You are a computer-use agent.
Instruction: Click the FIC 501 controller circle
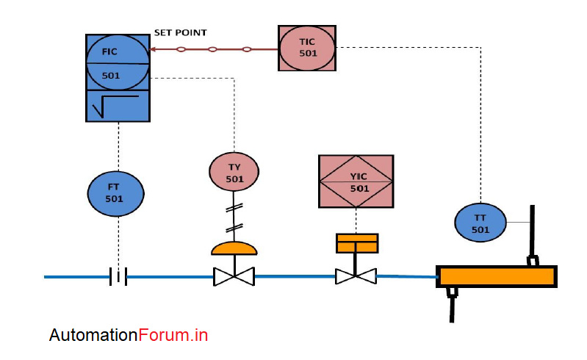pyautogui.click(x=118, y=64)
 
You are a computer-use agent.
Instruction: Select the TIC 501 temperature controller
pyautogui.click(x=307, y=48)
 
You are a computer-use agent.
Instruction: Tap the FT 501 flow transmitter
pyautogui.click(x=115, y=193)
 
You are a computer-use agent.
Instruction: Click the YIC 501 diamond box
pyautogui.click(x=356, y=181)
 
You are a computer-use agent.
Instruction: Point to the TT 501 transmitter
pyautogui.click(x=480, y=223)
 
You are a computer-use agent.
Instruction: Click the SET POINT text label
pyautogui.click(x=180, y=33)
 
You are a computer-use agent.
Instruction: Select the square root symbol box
pyautogui.click(x=118, y=106)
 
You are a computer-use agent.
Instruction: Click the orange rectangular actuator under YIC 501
pyautogui.click(x=356, y=242)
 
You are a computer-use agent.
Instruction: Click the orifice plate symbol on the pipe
pyautogui.click(x=118, y=277)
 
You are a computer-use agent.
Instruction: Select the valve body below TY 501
pyautogui.click(x=234, y=277)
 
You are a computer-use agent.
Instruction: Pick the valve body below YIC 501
pyautogui.click(x=356, y=277)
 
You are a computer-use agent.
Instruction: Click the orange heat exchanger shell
pyautogui.click(x=497, y=276)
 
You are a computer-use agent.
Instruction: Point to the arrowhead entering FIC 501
pyautogui.click(x=154, y=50)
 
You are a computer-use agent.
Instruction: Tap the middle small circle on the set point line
pyautogui.click(x=212, y=50)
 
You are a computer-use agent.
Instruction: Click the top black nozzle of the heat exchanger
pyautogui.click(x=531, y=231)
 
